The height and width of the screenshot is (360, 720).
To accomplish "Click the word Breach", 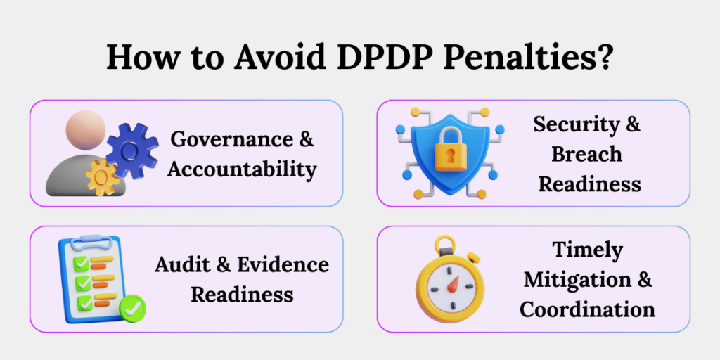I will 587,154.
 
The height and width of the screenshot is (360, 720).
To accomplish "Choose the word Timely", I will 587,250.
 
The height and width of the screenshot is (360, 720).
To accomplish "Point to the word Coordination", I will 587,309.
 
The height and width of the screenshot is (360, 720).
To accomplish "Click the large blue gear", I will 131,149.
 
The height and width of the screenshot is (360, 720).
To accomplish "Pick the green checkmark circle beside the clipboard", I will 133,308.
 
